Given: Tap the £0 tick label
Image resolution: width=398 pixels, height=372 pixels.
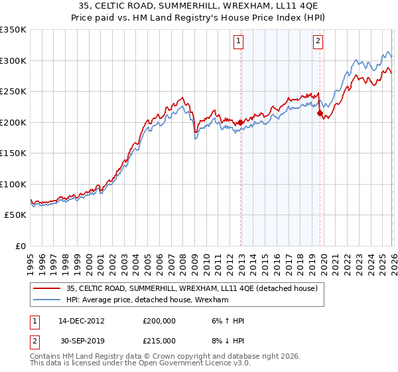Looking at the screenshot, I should point(21,246).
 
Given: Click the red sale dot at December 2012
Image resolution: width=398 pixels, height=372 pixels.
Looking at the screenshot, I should point(240,122).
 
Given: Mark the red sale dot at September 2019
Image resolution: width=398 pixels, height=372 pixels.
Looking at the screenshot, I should point(320,114).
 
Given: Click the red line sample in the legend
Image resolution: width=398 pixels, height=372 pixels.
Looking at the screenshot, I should point(47,288).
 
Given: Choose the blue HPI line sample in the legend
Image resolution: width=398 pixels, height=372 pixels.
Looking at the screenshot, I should point(47,300).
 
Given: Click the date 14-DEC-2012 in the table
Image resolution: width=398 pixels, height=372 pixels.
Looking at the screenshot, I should point(81,321).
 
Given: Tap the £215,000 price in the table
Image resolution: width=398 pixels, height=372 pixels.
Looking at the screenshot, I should point(159,341).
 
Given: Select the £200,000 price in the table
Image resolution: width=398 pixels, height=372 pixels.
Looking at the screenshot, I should point(159,321).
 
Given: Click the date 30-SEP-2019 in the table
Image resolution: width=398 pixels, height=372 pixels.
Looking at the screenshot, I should point(81,341).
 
